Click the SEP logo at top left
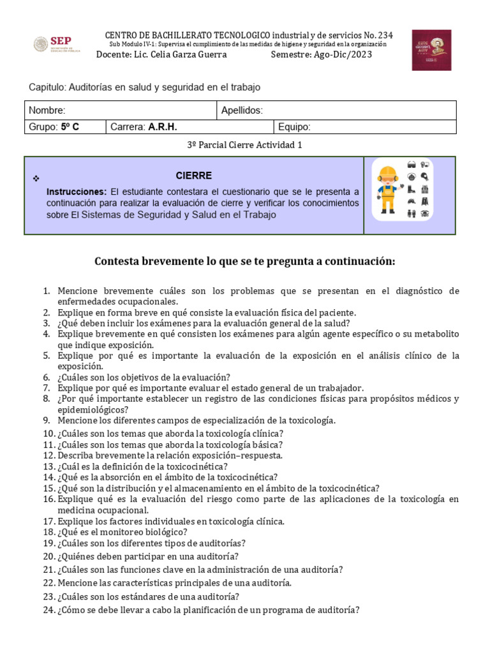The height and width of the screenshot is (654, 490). [x=56, y=44]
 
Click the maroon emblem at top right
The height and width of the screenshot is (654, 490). [x=431, y=49]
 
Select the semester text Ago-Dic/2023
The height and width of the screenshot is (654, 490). [x=343, y=54]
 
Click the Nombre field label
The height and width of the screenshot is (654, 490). [x=47, y=110]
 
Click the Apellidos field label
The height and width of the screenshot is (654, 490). [x=242, y=110]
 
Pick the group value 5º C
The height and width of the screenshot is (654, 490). [x=70, y=126]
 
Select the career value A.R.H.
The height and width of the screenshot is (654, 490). [x=163, y=126]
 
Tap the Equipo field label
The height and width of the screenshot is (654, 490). [x=294, y=126]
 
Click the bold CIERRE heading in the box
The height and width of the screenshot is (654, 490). [x=194, y=176]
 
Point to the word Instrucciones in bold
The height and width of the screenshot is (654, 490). [x=77, y=192]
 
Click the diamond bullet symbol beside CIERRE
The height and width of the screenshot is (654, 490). [x=36, y=178]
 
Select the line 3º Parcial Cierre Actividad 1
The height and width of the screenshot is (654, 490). [x=244, y=145]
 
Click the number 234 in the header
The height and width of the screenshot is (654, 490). [x=385, y=34]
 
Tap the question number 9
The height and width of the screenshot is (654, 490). [x=47, y=420]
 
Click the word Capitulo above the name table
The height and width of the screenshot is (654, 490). [x=47, y=87]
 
